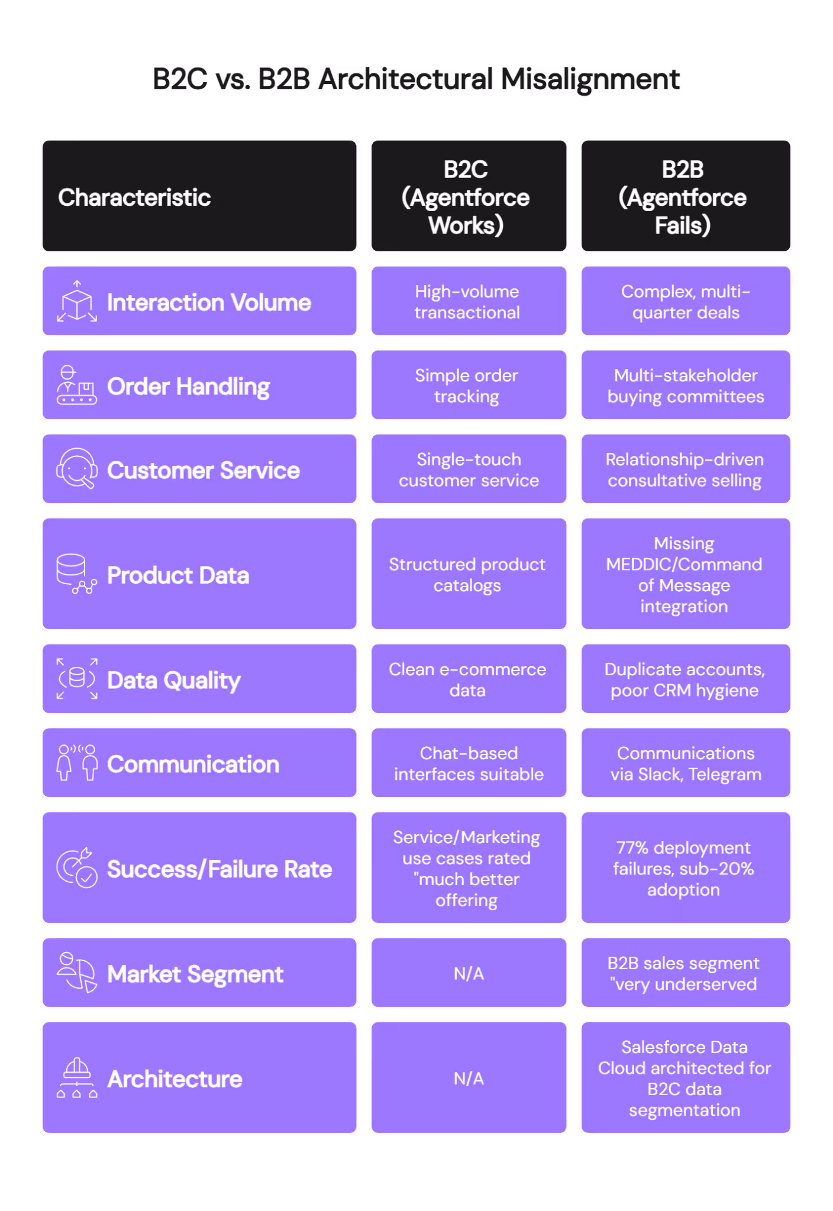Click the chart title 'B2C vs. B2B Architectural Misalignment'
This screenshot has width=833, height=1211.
(416, 79)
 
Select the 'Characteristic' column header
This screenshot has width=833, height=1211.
(135, 197)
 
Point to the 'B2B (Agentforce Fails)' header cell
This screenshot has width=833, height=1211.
(684, 197)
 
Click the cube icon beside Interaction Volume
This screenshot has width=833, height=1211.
(77, 302)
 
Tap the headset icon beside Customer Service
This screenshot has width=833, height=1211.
(77, 469)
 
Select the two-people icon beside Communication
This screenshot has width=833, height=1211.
(77, 763)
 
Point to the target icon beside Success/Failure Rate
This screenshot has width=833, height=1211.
(77, 868)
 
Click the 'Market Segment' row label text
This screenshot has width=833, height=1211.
(195, 974)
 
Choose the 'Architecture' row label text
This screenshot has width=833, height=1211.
(175, 1079)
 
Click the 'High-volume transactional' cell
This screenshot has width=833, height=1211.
(467, 302)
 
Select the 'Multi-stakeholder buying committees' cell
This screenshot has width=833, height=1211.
(685, 386)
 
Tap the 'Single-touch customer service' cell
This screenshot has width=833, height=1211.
(469, 469)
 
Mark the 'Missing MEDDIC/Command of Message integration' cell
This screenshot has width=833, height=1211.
(685, 574)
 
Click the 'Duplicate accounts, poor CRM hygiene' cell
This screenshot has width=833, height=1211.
(685, 679)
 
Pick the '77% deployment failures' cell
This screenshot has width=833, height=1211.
(684, 868)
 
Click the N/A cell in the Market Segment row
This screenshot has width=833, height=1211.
(469, 973)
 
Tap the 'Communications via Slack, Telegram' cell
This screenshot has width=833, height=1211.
(685, 763)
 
